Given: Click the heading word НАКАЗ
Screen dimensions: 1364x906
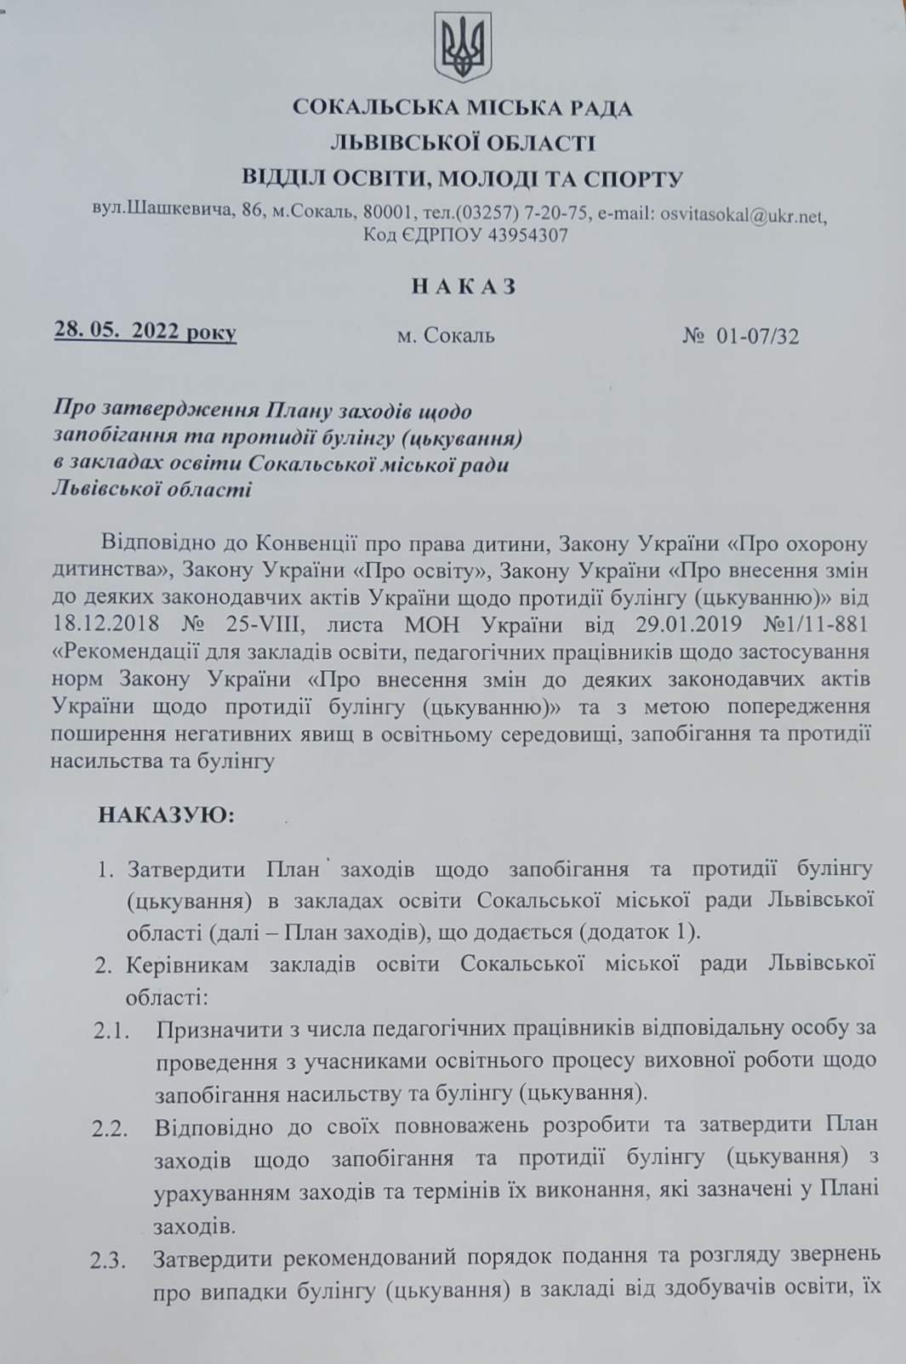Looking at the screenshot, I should coord(464,287).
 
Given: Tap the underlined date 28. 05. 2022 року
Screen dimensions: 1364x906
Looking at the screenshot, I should coord(145,331).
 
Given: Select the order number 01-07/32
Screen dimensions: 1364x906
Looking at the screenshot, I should coord(758,337).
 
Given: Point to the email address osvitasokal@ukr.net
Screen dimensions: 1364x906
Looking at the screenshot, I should coord(743,215).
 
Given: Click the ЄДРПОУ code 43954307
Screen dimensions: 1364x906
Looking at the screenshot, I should coord(527,236).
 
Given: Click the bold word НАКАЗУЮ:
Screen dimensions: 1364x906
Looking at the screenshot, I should coord(166,816).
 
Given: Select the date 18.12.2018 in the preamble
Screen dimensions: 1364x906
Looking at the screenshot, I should coord(105,623).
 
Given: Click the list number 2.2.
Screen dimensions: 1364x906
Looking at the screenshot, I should coord(110,1129).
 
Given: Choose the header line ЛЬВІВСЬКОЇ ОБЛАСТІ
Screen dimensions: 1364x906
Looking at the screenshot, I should coord(463,143).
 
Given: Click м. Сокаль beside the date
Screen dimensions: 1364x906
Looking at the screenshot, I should coord(446,336).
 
